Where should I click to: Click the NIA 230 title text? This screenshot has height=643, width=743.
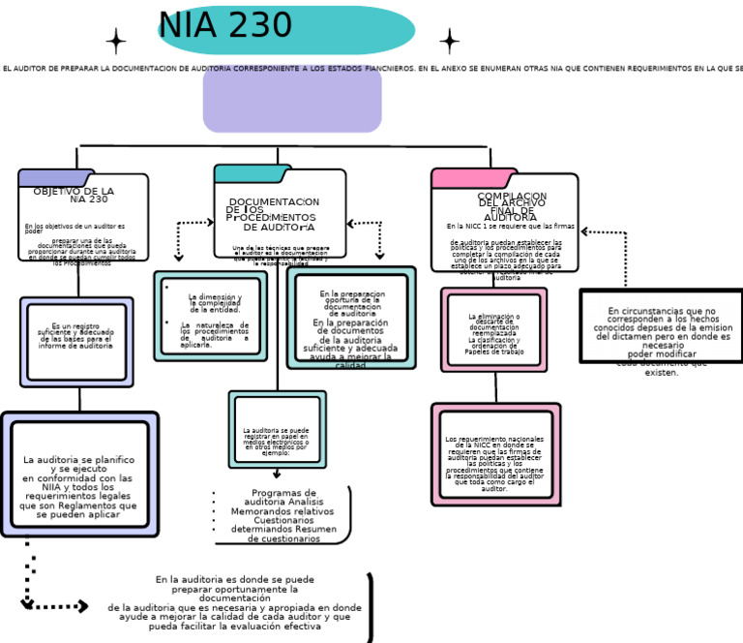224,26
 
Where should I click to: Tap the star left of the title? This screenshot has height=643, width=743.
116,41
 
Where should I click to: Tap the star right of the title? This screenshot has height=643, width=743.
449,41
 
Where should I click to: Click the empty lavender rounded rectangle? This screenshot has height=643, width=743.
292,99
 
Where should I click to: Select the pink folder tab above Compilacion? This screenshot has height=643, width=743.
461,178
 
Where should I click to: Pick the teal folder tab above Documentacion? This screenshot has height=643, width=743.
251,173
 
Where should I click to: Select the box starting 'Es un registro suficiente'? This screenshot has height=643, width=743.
76,342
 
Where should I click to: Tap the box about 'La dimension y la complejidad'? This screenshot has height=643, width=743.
210,316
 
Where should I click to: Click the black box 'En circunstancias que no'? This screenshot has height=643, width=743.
663,326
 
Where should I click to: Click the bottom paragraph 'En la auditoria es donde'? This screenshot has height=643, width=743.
235,602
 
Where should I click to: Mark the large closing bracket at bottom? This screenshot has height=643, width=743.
369,607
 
